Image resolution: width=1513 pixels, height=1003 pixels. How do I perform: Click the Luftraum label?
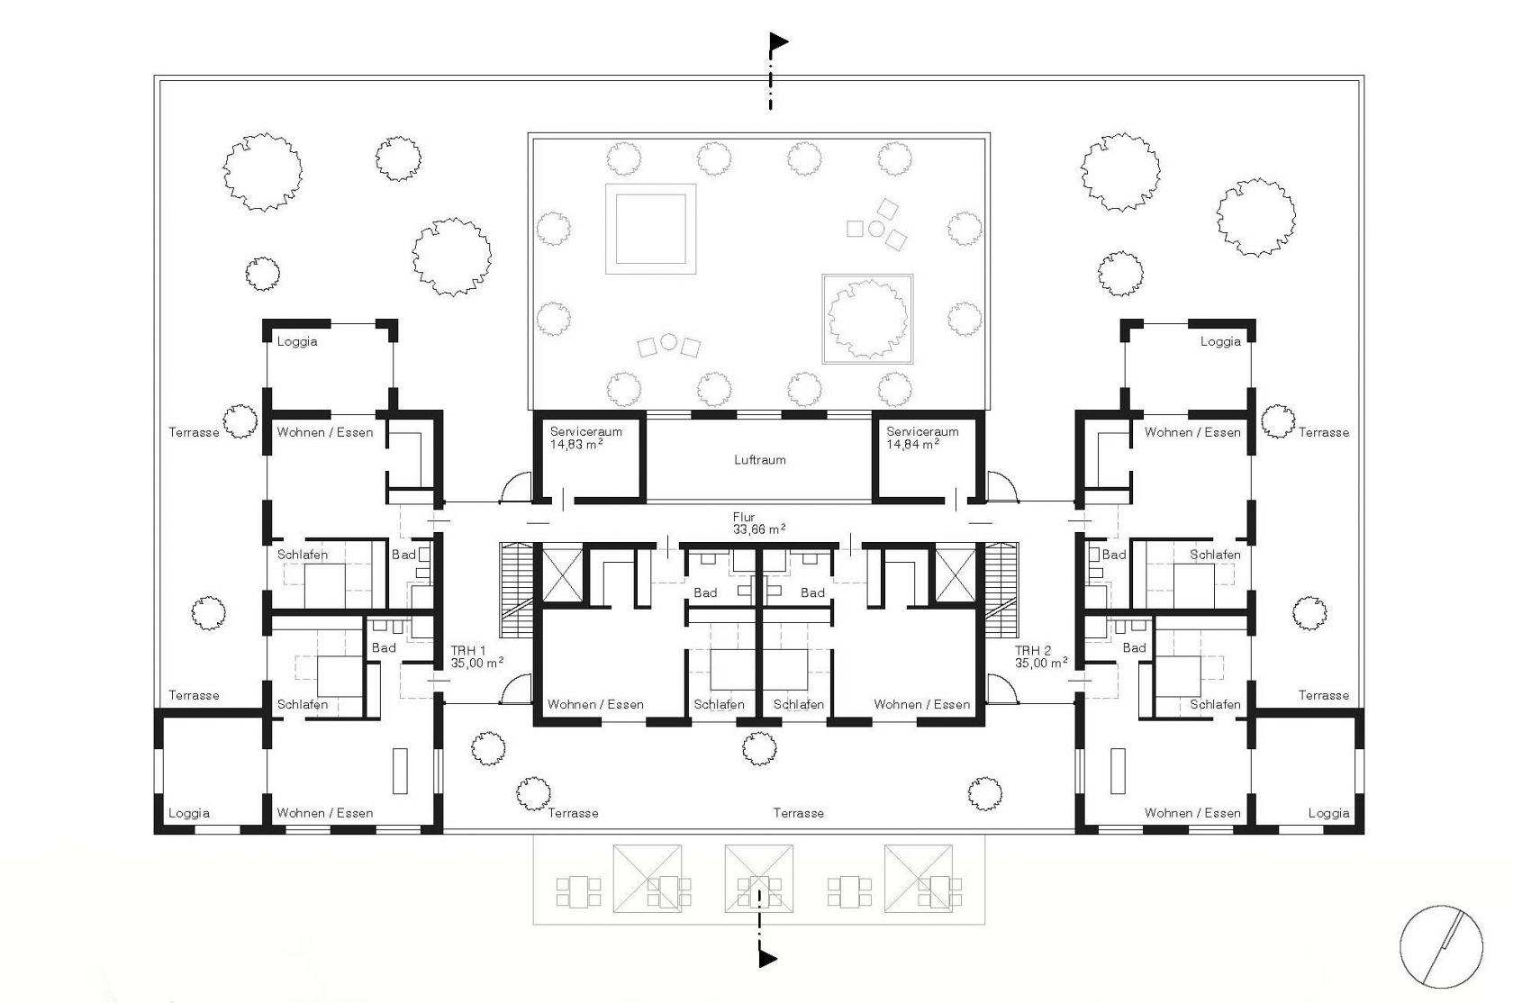point(760,460)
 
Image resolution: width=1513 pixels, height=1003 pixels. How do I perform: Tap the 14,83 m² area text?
point(576,445)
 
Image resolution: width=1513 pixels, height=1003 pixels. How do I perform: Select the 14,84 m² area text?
point(912,445)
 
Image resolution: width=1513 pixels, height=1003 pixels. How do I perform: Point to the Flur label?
point(744,518)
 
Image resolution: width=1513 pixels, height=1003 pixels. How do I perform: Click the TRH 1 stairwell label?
point(468,651)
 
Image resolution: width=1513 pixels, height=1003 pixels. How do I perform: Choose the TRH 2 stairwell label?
point(1033,651)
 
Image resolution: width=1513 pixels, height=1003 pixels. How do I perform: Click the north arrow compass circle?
point(1441,946)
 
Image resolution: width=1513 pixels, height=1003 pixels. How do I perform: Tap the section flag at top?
point(779,42)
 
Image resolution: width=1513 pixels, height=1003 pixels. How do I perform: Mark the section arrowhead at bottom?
point(768,958)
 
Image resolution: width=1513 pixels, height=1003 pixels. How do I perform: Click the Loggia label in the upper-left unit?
point(297,342)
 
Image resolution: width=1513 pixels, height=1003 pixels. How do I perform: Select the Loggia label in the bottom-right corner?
point(1328,813)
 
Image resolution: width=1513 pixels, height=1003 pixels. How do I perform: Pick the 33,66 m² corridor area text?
point(759,529)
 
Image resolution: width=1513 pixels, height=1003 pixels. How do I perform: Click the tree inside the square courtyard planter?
point(868,319)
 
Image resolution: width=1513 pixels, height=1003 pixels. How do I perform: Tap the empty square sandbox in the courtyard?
point(650,229)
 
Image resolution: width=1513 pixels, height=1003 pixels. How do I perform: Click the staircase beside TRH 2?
point(1001,590)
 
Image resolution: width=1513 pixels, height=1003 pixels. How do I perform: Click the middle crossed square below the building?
point(758,878)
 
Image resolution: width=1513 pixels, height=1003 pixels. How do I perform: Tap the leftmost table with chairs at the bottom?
point(578,891)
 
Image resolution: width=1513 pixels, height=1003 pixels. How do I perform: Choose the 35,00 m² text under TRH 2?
point(1041,664)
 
